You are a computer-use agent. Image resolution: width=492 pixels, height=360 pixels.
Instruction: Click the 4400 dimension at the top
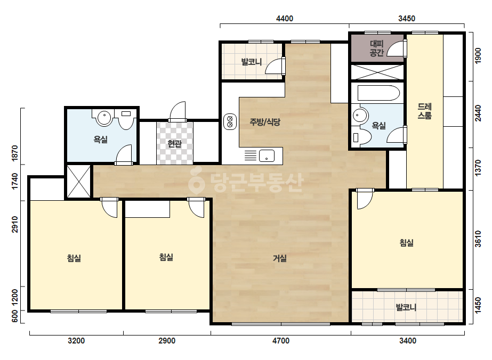click(284, 19)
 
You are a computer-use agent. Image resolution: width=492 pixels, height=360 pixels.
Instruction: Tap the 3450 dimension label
click(407, 19)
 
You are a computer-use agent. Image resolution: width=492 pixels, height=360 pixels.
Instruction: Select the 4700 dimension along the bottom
click(280, 340)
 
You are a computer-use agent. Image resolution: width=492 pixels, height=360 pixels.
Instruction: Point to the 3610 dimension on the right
click(478, 239)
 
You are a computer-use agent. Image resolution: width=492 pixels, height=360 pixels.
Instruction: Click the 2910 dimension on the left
click(15, 224)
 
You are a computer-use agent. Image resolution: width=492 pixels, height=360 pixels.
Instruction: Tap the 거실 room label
click(279, 258)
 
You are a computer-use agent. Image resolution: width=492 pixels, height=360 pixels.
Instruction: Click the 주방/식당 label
click(265, 122)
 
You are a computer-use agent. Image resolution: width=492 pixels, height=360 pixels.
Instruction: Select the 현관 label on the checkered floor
click(174, 144)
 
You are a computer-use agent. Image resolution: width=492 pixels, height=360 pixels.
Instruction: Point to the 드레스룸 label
click(424, 111)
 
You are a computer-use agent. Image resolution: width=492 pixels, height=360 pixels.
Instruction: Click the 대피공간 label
click(376, 48)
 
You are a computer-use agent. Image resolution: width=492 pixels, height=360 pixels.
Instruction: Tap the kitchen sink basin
click(267, 156)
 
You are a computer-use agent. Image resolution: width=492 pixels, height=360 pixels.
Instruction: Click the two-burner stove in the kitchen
click(230, 121)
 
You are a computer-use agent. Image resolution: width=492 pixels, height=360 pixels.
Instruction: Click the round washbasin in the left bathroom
click(104, 118)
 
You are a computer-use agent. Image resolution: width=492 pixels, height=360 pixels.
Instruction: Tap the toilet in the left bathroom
click(126, 119)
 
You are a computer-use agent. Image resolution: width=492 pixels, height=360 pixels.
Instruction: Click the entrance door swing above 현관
click(178, 111)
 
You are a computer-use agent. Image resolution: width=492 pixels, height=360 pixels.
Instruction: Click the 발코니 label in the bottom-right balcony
click(406, 307)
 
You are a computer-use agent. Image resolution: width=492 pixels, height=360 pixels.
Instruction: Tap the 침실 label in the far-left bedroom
click(74, 258)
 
